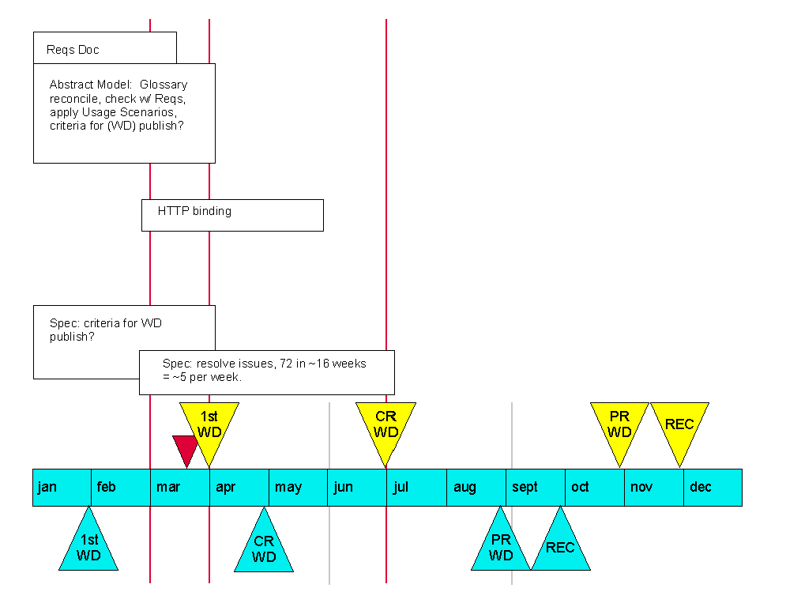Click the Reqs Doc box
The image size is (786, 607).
pyautogui.click(x=104, y=47)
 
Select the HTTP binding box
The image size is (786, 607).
pyautogui.click(x=232, y=215)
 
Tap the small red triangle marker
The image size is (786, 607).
pyautogui.click(x=186, y=448)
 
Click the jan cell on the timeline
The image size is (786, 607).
pyautogui.click(x=62, y=488)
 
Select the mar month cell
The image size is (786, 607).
pyautogui.click(x=179, y=488)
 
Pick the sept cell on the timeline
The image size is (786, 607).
pyautogui.click(x=536, y=488)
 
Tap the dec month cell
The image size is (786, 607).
pyautogui.click(x=713, y=488)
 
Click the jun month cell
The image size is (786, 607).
pyautogui.click(x=357, y=488)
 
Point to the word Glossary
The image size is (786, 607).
pyautogui.click(x=164, y=85)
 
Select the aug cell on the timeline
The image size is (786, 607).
pyautogui.click(x=476, y=488)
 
